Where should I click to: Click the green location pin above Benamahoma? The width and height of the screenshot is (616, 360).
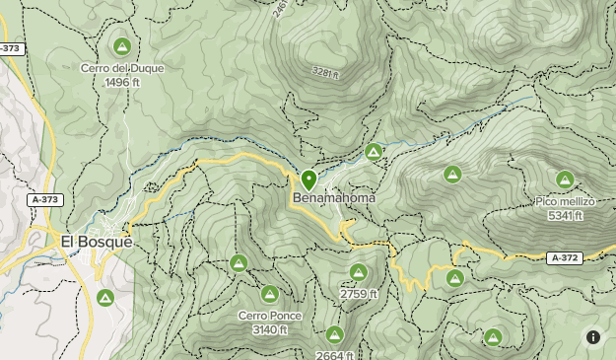(x=308, y=180)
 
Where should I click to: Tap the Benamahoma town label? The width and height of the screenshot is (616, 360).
(x=334, y=198)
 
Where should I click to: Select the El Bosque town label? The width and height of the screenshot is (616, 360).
(x=96, y=241)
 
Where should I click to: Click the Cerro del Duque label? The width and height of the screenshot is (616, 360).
(x=123, y=68)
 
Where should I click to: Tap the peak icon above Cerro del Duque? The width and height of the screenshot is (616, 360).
(x=122, y=46)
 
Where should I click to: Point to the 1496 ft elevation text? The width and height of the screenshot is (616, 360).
(x=123, y=82)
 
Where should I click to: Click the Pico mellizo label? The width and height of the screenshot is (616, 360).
(x=566, y=201)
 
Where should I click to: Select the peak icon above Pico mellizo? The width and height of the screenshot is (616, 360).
(x=565, y=180)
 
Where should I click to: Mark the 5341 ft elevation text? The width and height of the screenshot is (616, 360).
(x=566, y=214)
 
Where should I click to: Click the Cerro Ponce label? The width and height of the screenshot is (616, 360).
(x=269, y=316)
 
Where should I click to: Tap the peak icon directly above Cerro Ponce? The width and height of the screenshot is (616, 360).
(x=269, y=294)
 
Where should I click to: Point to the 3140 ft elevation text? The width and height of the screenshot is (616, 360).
(x=269, y=329)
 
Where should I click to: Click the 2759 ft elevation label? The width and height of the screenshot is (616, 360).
(x=359, y=294)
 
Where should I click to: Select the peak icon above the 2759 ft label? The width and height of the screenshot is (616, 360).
(x=358, y=272)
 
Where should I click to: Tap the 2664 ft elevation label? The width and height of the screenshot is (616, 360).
(x=335, y=355)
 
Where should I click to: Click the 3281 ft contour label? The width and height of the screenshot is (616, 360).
(x=324, y=73)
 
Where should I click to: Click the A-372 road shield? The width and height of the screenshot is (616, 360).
(x=563, y=257)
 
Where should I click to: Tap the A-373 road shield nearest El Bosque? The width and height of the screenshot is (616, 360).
(x=44, y=199)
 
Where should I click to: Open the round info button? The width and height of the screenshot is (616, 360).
(x=593, y=337)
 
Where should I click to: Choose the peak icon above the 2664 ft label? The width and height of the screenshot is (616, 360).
(x=335, y=334)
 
